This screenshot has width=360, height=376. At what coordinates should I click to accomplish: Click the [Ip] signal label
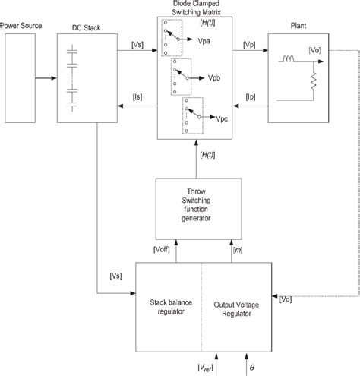pyautogui.click(x=251, y=96)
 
